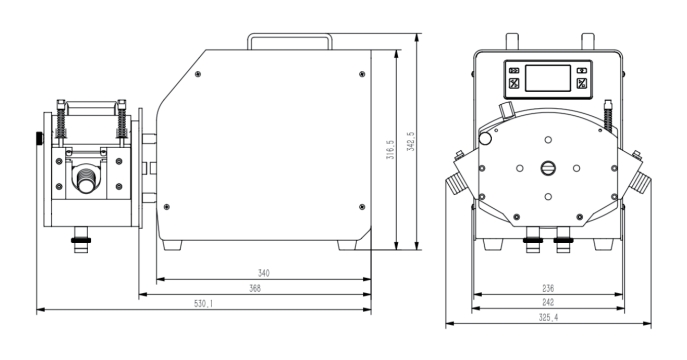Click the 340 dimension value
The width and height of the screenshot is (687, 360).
pyautogui.click(x=263, y=273)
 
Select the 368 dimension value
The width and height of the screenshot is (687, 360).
pyautogui.click(x=255, y=289)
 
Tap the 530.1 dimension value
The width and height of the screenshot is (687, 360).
pyautogui.click(x=203, y=304)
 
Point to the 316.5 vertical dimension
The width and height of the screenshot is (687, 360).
pyautogui.click(x=390, y=149)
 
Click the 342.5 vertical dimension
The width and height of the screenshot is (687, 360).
pyautogui.click(x=411, y=141)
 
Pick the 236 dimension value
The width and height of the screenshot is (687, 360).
pyautogui.click(x=548, y=289)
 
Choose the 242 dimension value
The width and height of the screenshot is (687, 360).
pyautogui.click(x=548, y=302)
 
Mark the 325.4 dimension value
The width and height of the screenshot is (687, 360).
pyautogui.click(x=549, y=318)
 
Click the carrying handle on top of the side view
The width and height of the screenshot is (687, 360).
pyautogui.click(x=290, y=35)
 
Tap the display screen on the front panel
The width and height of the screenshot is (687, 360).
pyautogui.click(x=548, y=78)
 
